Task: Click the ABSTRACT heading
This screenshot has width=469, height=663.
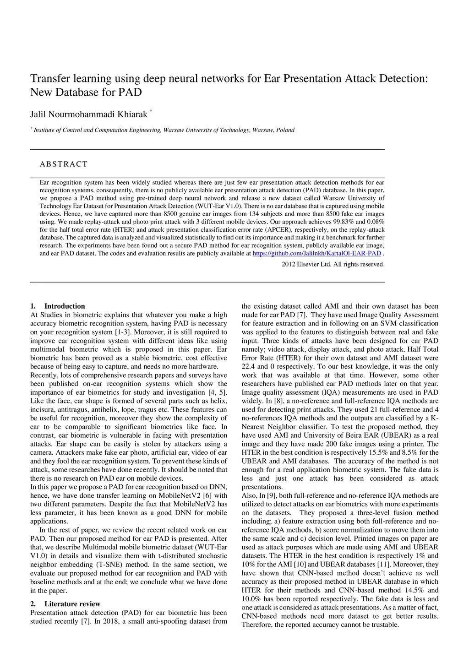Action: pos(64,164)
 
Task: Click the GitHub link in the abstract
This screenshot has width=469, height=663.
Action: pos(317,253)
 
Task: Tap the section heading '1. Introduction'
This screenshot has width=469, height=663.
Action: pos(58,306)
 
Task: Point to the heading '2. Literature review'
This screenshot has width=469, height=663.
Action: pos(65,603)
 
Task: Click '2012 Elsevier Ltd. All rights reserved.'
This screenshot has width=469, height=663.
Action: pos(333,264)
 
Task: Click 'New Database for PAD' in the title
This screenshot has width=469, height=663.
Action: pos(86,92)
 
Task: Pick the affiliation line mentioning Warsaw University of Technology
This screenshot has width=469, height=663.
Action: pos(164,130)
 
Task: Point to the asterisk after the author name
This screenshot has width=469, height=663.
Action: pos(151,111)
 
